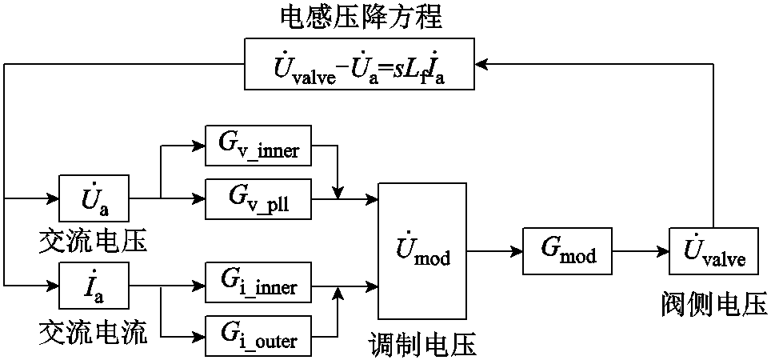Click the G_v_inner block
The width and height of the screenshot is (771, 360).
[x=258, y=146]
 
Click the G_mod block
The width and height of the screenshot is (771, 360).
[x=569, y=252]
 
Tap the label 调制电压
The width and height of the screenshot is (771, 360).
[x=422, y=345]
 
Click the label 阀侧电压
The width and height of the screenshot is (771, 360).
[x=714, y=302]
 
